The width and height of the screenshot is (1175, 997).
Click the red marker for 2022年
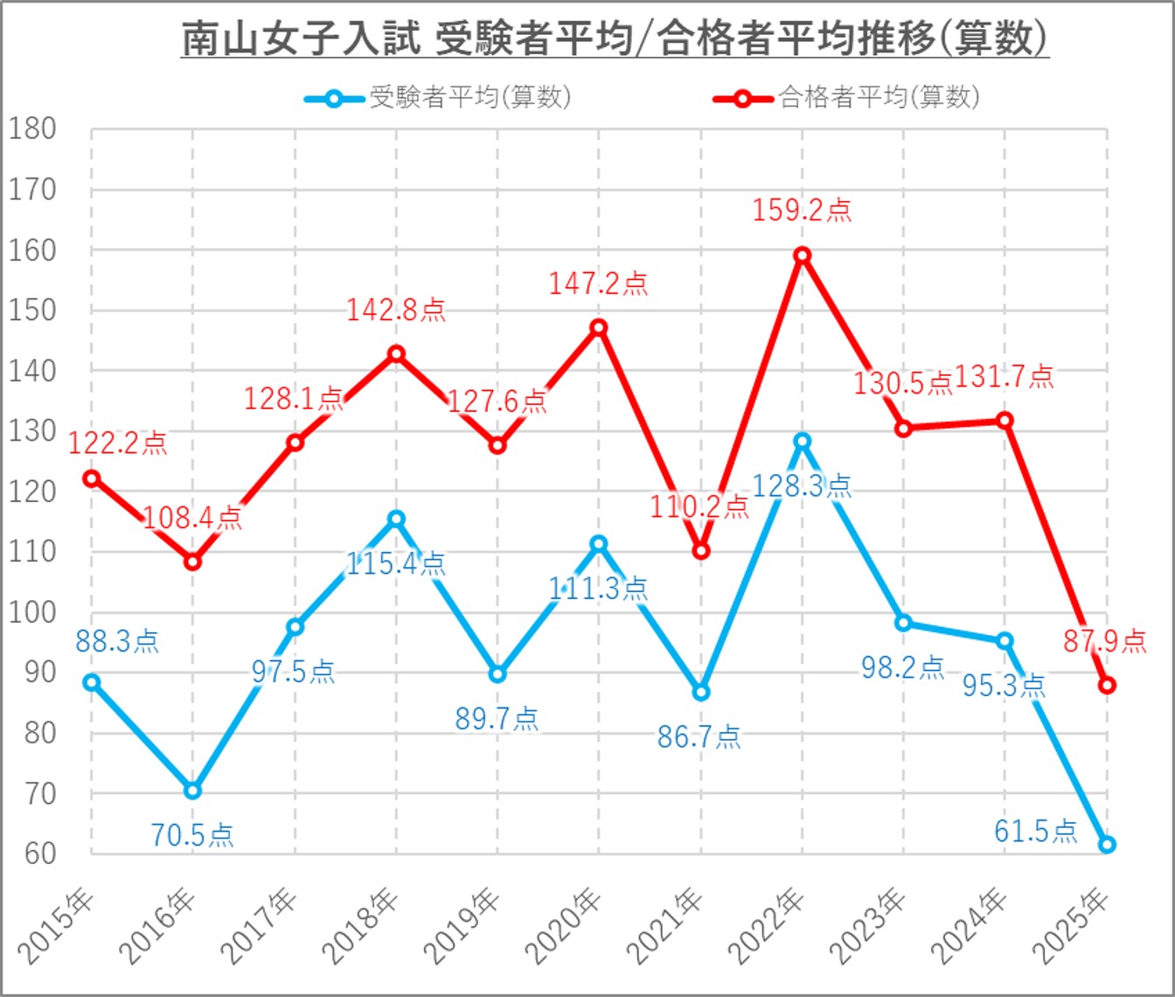click(802, 255)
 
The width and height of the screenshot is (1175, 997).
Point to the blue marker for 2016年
click(192, 791)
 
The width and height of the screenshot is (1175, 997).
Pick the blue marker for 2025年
click(1107, 845)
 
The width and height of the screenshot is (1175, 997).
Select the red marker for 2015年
click(91, 478)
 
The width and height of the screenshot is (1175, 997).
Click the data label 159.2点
click(802, 211)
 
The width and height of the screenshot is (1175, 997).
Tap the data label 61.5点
click(1035, 830)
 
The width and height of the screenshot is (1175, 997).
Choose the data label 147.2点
click(598, 283)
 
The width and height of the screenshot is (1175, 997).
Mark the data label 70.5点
click(192, 835)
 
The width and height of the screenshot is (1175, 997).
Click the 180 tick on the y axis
click(32, 129)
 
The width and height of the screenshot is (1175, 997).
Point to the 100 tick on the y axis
click(32, 612)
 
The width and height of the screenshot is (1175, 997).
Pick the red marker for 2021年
click(700, 551)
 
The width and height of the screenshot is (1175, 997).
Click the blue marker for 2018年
click(396, 519)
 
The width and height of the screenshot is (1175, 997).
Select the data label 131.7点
click(1004, 377)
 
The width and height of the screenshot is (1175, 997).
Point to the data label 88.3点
click(117, 642)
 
